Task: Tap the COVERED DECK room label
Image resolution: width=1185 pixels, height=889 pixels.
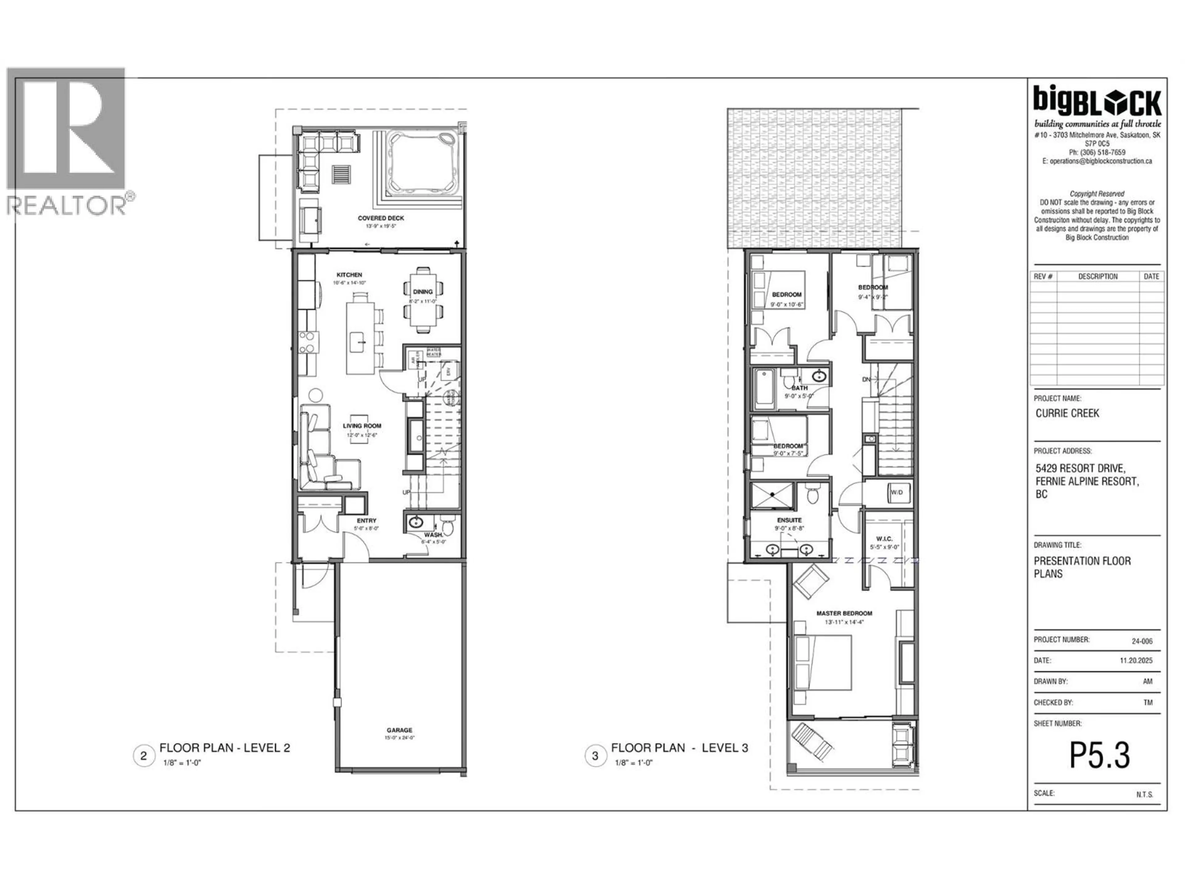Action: tap(381, 218)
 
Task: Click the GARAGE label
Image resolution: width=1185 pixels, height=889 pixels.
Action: tap(400, 730)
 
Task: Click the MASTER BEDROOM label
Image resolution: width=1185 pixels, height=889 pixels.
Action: tap(844, 613)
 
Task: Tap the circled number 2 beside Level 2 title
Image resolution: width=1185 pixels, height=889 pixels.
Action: tap(143, 756)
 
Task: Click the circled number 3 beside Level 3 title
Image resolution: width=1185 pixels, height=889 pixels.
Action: tap(595, 756)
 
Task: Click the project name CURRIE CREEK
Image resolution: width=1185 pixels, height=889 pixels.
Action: tap(1067, 413)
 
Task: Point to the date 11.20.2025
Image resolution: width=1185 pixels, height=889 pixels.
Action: tap(1136, 660)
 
